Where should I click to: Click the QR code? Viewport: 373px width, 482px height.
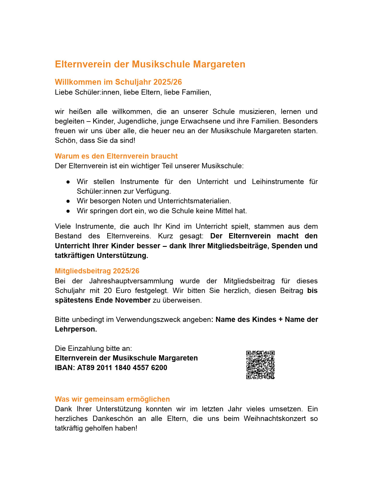[260, 365]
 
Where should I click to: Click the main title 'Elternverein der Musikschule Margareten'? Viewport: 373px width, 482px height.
[150, 64]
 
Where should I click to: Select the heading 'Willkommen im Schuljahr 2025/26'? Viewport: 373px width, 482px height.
[118, 82]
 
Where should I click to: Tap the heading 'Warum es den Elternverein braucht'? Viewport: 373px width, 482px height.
[116, 156]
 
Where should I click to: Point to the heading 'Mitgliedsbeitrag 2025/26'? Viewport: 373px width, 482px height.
[97, 271]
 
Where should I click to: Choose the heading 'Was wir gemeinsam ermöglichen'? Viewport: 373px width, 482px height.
[112, 399]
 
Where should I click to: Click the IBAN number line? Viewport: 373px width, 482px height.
[111, 368]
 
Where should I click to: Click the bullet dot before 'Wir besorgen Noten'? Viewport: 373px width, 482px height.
[68, 201]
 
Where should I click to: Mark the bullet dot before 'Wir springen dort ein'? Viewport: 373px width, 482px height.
[68, 211]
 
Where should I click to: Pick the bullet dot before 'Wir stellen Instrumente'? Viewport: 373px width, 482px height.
[68, 182]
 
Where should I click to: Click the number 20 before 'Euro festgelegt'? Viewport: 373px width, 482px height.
[108, 291]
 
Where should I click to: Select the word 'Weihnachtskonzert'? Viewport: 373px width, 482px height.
[275, 419]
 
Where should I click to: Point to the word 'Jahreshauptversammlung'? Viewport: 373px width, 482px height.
[131, 281]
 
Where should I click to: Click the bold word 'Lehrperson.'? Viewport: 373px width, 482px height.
[76, 329]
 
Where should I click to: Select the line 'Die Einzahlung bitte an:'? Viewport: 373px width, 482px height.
[93, 349]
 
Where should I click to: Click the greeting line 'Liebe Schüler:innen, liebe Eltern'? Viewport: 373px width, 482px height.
[133, 92]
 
